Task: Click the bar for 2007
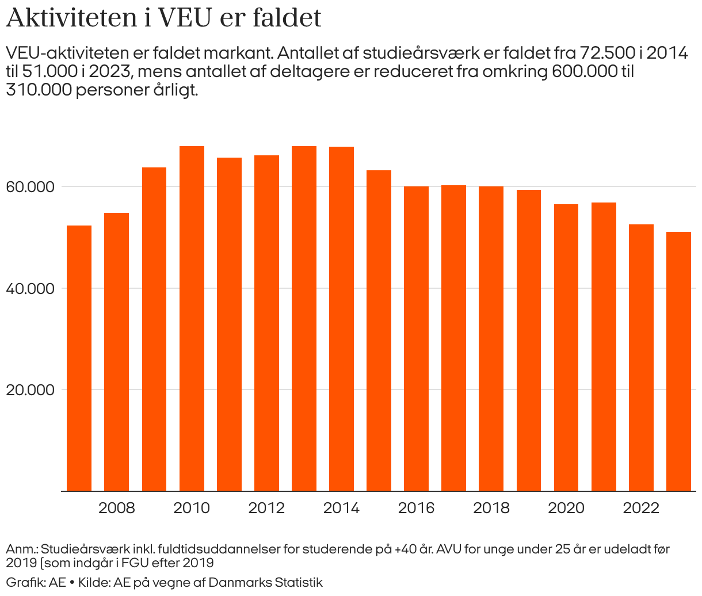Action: click(x=79, y=358)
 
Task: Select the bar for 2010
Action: click(x=192, y=319)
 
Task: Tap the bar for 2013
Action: click(x=304, y=319)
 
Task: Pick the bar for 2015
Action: click(x=379, y=330)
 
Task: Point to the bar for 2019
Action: click(x=529, y=340)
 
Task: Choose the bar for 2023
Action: click(x=678, y=361)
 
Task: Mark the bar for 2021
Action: click(x=604, y=347)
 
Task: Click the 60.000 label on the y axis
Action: click(x=30, y=187)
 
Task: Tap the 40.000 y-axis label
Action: click(x=30, y=289)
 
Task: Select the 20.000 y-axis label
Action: click(x=30, y=390)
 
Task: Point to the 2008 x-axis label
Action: click(x=116, y=508)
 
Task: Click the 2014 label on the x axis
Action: click(x=341, y=508)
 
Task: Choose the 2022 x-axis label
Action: click(x=641, y=508)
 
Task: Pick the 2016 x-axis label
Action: click(x=416, y=508)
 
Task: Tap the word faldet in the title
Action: click(x=287, y=18)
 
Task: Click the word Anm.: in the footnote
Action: click(x=23, y=549)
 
